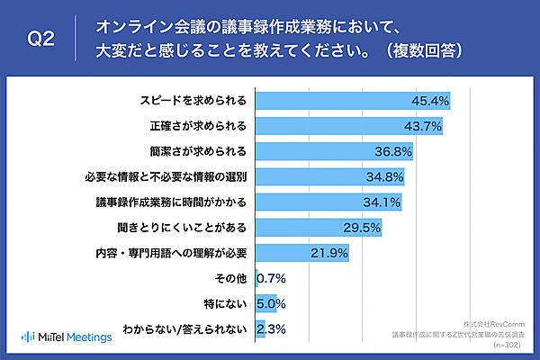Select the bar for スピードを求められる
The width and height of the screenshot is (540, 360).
[352, 99]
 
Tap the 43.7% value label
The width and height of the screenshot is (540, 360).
[424, 124]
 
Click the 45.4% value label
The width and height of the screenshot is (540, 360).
[430, 99]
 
